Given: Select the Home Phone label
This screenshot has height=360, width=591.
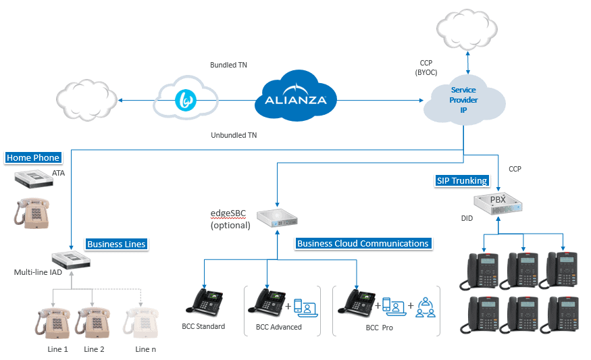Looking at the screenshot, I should (x=33, y=158).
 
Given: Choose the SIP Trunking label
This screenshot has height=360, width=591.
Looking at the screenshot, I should (x=461, y=180).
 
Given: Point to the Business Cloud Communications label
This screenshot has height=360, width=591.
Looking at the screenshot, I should (x=363, y=243).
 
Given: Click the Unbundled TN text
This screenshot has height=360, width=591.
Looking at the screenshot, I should (x=234, y=135).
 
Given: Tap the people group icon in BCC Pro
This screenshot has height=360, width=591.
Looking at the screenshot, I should (x=426, y=308).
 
